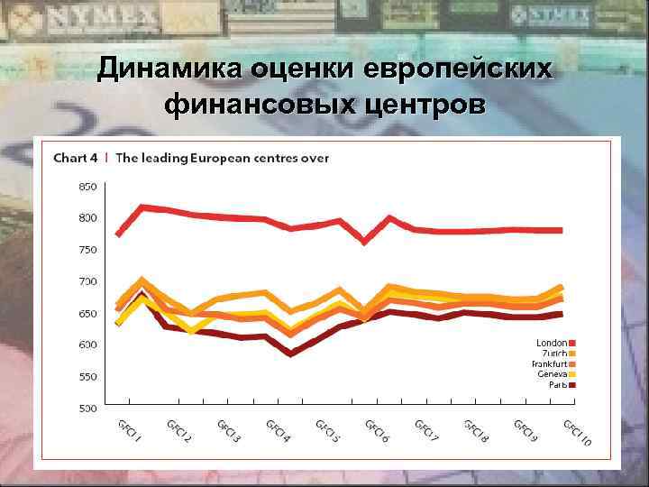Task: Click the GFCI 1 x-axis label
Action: pos(128,430)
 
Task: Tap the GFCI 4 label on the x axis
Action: pos(278,432)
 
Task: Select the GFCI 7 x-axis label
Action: pos(426,432)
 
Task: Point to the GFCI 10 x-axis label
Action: pos(577,434)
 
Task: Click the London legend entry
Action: pos(552,343)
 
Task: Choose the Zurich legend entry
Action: pos(553,354)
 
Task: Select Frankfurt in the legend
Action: pos(549,363)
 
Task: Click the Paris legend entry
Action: pos(557,384)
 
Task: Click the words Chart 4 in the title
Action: pos(76,158)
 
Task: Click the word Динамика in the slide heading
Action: pos(171,69)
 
